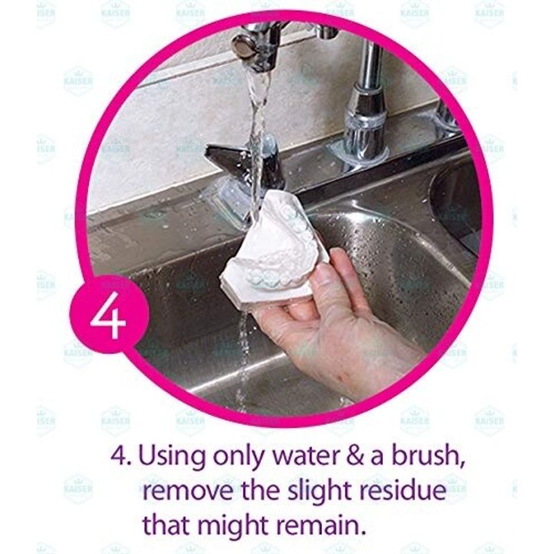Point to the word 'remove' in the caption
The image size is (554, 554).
coord(188,491)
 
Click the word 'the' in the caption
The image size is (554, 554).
coord(261,490)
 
